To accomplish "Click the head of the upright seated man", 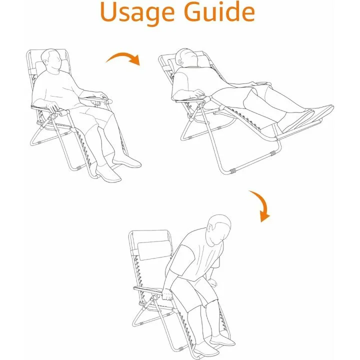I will (51, 61).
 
